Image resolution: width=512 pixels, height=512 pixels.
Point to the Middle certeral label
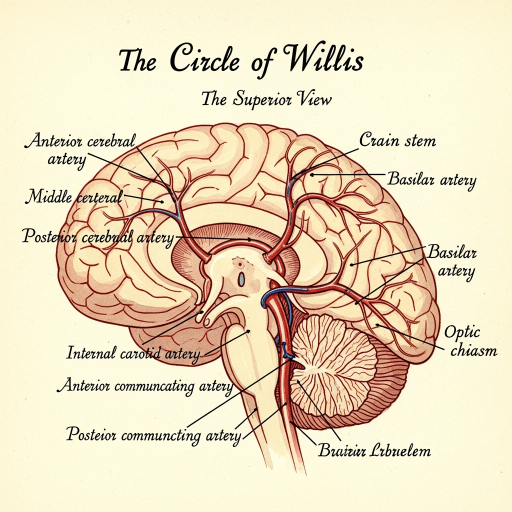click(x=74, y=196)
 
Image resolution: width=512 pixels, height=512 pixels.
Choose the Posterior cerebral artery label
click(x=98, y=236)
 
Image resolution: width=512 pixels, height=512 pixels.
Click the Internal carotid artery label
click(x=133, y=354)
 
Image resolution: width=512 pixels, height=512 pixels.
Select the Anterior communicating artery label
click(x=145, y=386)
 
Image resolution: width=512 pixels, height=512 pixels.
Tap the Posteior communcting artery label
click(x=154, y=434)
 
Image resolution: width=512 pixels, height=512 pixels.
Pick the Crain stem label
click(x=397, y=140)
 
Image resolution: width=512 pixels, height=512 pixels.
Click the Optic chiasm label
click(x=469, y=341)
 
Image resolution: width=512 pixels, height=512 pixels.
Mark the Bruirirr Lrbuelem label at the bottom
click(x=374, y=451)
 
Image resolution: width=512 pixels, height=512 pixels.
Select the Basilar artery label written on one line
click(x=431, y=179)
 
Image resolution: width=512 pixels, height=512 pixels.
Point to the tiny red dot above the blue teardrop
click(x=240, y=264)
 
